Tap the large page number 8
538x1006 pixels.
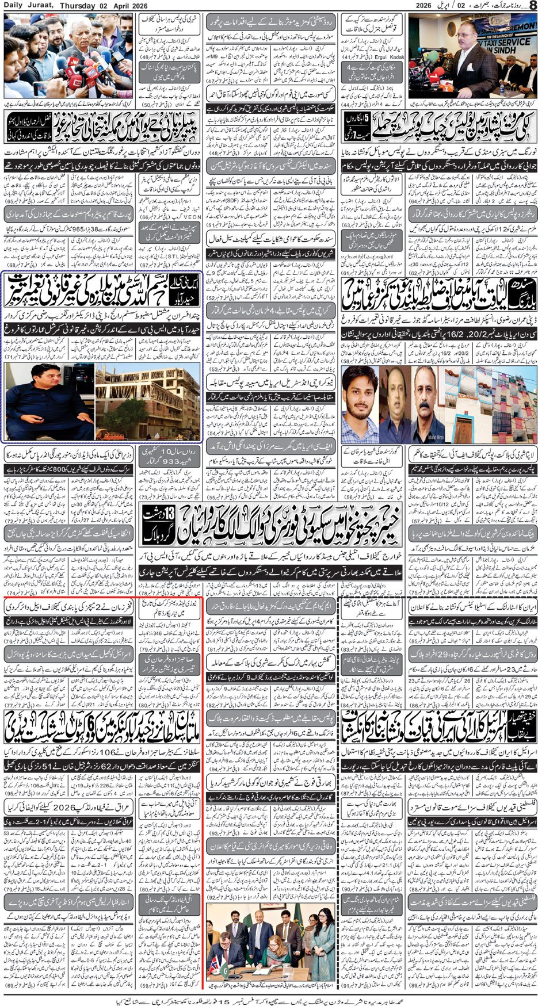tap(532, 6)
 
